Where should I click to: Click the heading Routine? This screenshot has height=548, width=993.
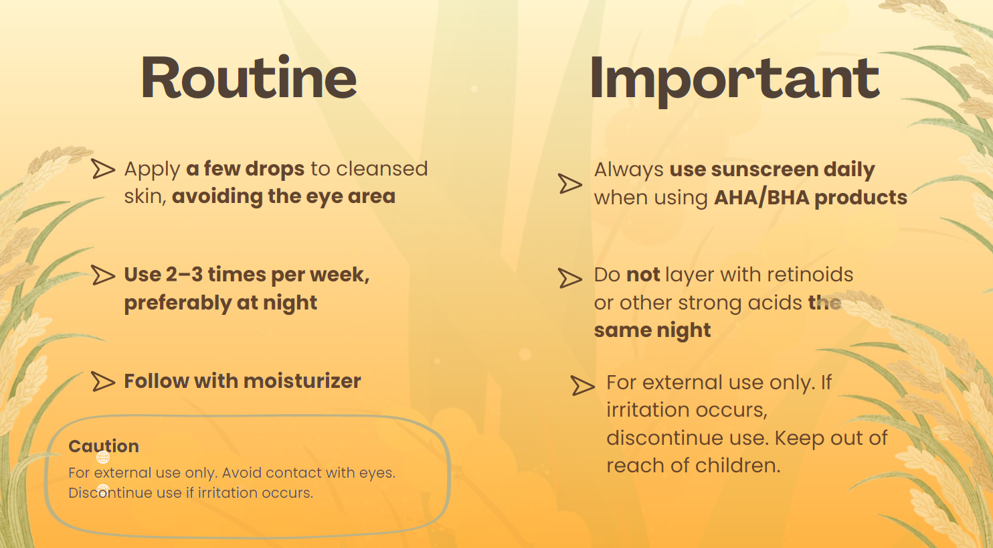pos(249,77)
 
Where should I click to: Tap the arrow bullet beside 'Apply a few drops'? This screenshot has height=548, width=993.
pos(103,169)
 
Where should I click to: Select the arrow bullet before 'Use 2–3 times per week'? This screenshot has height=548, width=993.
pos(103,275)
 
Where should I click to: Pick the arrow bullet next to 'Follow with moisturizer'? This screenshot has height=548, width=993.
pos(103,382)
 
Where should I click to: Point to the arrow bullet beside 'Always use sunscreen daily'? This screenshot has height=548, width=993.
pos(570,184)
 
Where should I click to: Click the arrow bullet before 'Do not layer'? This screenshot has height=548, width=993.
pos(570,278)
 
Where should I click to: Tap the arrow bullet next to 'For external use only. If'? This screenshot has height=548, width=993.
pos(583,385)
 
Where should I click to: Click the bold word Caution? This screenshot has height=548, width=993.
pos(104,446)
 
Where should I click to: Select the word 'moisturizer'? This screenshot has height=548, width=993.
pos(302,381)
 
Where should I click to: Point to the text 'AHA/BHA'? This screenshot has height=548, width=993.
pos(761,198)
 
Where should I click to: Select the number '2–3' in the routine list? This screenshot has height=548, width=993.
pos(184,275)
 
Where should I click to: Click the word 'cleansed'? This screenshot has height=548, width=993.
pos(381,169)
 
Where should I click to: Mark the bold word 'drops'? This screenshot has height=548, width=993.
pos(275,169)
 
